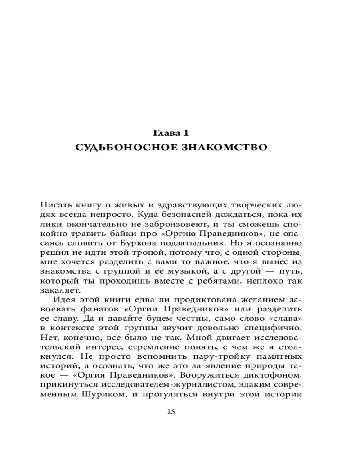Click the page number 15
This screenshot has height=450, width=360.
(x=171, y=411)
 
